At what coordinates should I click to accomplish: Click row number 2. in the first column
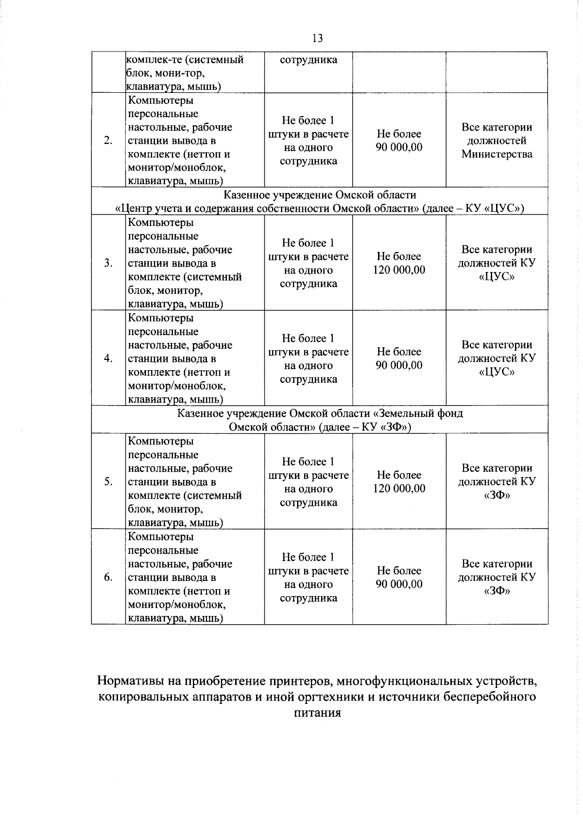click(108, 140)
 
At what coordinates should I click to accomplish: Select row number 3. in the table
click(108, 263)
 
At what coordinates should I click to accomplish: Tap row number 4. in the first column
click(108, 358)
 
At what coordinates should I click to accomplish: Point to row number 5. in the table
click(108, 481)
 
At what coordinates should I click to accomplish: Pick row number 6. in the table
click(108, 577)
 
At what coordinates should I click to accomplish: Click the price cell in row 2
click(399, 141)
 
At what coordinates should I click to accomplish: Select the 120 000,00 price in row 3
click(399, 270)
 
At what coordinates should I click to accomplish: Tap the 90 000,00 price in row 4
click(399, 365)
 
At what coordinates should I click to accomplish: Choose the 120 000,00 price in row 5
click(399, 488)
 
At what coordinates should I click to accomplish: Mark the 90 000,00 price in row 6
click(399, 584)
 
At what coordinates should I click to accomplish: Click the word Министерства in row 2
click(497, 154)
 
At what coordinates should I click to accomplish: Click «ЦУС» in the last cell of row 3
click(497, 276)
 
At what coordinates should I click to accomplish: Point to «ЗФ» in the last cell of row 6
click(497, 591)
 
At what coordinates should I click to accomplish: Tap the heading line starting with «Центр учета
click(320, 208)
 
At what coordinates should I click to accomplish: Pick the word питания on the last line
click(317, 713)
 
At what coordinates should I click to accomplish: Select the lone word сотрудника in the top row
click(309, 60)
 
